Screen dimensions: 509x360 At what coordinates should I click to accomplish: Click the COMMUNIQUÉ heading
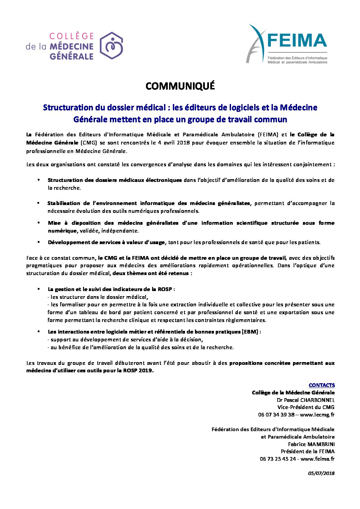180,86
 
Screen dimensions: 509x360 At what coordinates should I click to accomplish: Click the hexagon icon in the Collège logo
111,46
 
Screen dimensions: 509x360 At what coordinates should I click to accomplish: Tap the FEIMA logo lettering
297,41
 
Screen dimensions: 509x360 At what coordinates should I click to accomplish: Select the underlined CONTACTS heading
322,385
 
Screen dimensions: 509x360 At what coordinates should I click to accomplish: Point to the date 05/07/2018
322,473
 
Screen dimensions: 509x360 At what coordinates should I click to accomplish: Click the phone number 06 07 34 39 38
276,415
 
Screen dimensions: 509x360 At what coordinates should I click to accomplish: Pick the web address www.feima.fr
317,459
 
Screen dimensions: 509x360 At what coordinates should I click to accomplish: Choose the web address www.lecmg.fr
317,415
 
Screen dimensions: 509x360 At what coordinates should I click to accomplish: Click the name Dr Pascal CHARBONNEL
306,400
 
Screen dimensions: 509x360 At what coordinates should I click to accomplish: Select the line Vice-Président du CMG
306,407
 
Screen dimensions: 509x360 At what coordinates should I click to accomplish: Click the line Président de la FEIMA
308,452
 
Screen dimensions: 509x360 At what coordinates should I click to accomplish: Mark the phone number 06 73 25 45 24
278,459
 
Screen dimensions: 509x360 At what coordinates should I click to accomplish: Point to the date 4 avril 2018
174,143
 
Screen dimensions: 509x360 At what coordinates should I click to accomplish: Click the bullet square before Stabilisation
38,203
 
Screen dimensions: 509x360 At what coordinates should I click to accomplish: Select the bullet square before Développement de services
38,242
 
